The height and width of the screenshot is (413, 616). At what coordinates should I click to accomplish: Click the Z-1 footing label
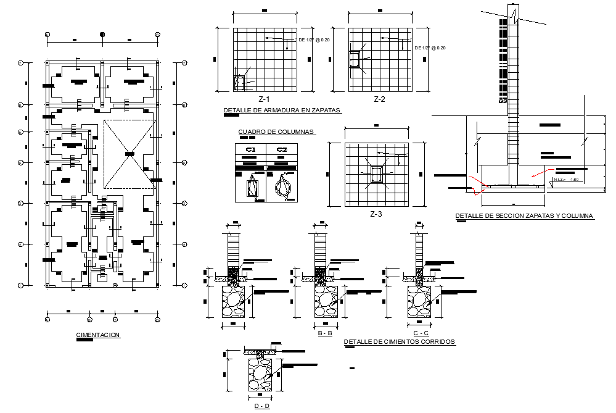tap(264, 99)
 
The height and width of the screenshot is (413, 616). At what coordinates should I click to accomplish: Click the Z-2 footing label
tap(379, 99)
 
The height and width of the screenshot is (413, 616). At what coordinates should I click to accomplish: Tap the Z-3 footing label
tap(376, 214)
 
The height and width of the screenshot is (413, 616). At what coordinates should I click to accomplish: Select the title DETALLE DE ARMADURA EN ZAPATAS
tap(282, 111)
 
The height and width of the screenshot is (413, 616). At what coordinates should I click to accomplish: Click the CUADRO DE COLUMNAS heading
tap(276, 131)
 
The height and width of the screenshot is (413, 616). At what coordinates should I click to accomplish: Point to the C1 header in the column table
tap(250, 149)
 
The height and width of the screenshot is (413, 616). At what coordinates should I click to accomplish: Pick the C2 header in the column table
tap(282, 149)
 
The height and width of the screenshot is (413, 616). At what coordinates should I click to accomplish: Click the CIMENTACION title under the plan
tap(97, 335)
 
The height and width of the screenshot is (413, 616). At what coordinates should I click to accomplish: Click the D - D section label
tap(261, 406)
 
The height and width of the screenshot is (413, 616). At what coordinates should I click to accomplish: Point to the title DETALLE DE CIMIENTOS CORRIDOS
tap(399, 341)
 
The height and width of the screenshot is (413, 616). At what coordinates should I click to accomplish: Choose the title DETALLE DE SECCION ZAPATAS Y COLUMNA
tap(524, 216)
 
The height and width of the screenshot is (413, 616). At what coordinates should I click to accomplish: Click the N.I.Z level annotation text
tap(566, 180)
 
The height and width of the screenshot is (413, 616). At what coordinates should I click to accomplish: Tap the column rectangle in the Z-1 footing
tap(239, 83)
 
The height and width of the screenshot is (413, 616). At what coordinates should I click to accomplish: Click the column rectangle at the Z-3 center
tap(376, 175)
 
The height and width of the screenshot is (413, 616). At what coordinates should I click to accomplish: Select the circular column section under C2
tap(283, 186)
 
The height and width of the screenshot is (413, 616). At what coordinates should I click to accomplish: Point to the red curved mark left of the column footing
tap(476, 185)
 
